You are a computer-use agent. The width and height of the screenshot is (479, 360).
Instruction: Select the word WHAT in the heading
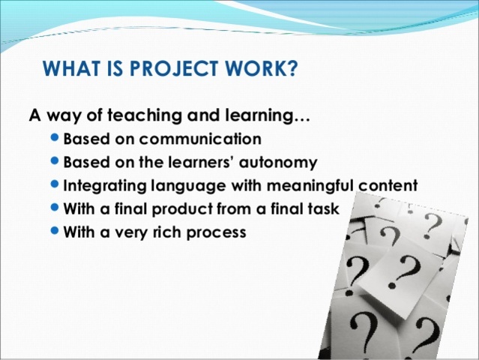click(70, 70)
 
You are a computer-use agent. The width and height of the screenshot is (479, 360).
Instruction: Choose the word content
click(385, 186)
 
